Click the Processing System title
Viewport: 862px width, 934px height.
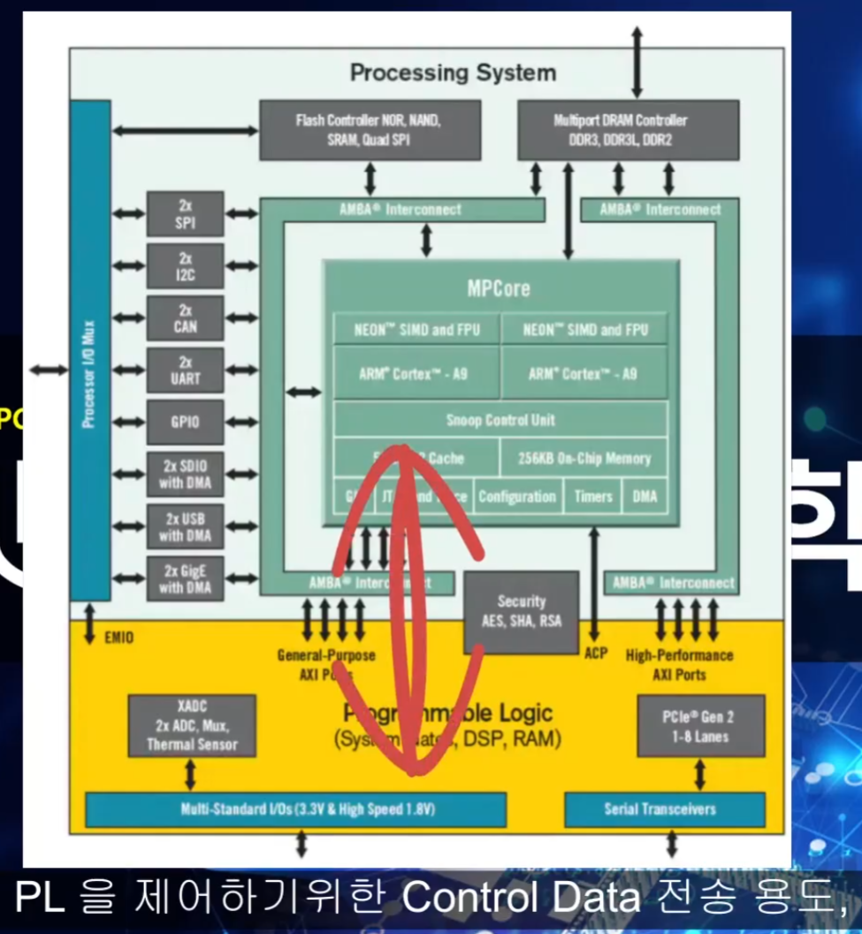(453, 73)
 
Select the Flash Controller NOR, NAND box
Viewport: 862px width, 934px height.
(370, 129)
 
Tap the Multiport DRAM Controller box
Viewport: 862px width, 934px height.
(627, 129)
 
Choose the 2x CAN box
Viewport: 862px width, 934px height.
(185, 318)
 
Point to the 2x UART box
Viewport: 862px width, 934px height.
(185, 370)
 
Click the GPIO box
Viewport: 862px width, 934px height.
(185, 422)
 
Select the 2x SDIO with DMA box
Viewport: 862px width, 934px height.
(185, 474)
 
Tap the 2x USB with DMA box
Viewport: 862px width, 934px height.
(185, 526)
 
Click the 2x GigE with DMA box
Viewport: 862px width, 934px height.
(185, 578)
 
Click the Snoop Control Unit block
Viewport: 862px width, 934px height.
(500, 419)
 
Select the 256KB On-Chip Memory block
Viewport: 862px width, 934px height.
(584, 458)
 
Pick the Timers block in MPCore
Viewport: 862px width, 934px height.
(593, 497)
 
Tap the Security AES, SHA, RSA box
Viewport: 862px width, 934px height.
(521, 611)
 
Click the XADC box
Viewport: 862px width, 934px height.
(192, 725)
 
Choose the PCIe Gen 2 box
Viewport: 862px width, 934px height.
(700, 725)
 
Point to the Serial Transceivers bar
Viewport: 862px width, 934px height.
(664, 809)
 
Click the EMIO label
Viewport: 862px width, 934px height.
(119, 637)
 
